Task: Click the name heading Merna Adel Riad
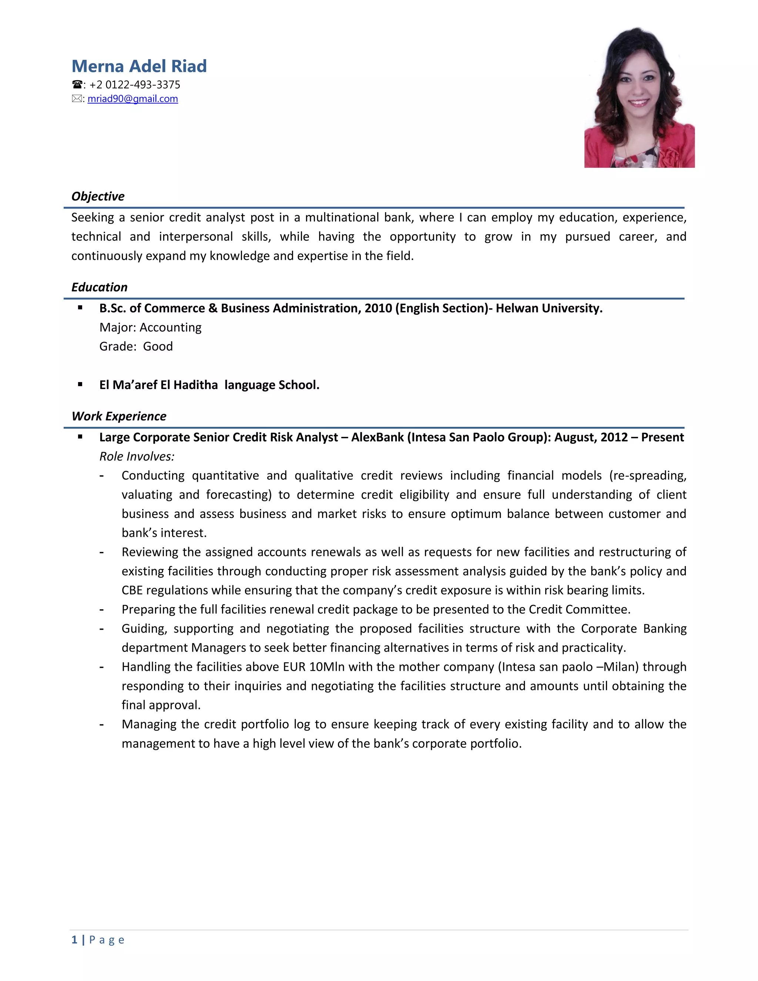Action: point(139,66)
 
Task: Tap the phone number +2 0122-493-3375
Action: point(135,85)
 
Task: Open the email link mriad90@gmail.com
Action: point(133,99)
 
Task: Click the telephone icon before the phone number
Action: point(77,85)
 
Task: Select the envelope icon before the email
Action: point(77,99)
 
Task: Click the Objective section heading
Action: point(98,196)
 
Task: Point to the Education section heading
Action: point(99,287)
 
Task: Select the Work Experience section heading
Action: point(119,416)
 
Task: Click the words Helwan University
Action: point(549,308)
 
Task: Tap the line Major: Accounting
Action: point(150,328)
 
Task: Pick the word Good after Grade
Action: point(158,346)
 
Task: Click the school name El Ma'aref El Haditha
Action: point(158,385)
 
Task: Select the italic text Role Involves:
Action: point(137,456)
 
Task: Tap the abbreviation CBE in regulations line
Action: point(133,590)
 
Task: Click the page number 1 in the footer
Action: point(74,940)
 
